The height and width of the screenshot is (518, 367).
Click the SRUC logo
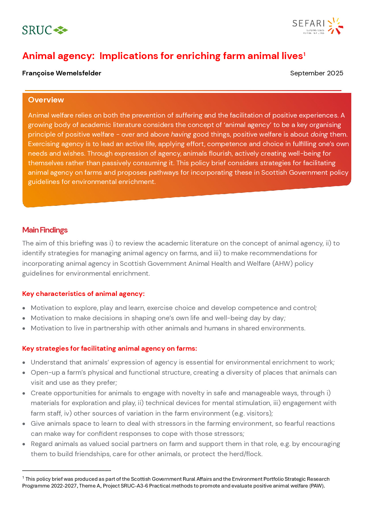45,30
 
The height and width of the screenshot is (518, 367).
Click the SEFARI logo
317,26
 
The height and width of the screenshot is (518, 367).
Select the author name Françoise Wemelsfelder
62,73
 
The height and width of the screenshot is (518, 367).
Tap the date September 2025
316,73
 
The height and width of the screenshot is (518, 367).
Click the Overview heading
46,100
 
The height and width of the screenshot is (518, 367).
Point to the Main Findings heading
45,230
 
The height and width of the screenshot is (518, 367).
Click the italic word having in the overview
181,134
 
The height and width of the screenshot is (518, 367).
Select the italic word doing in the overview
319,134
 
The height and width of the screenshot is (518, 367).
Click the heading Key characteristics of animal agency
83,294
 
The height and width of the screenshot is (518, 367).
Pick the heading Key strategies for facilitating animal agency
109,349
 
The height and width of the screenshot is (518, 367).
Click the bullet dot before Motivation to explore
24,308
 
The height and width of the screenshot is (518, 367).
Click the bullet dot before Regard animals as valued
24,444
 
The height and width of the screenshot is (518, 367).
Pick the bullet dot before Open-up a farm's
24,373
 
